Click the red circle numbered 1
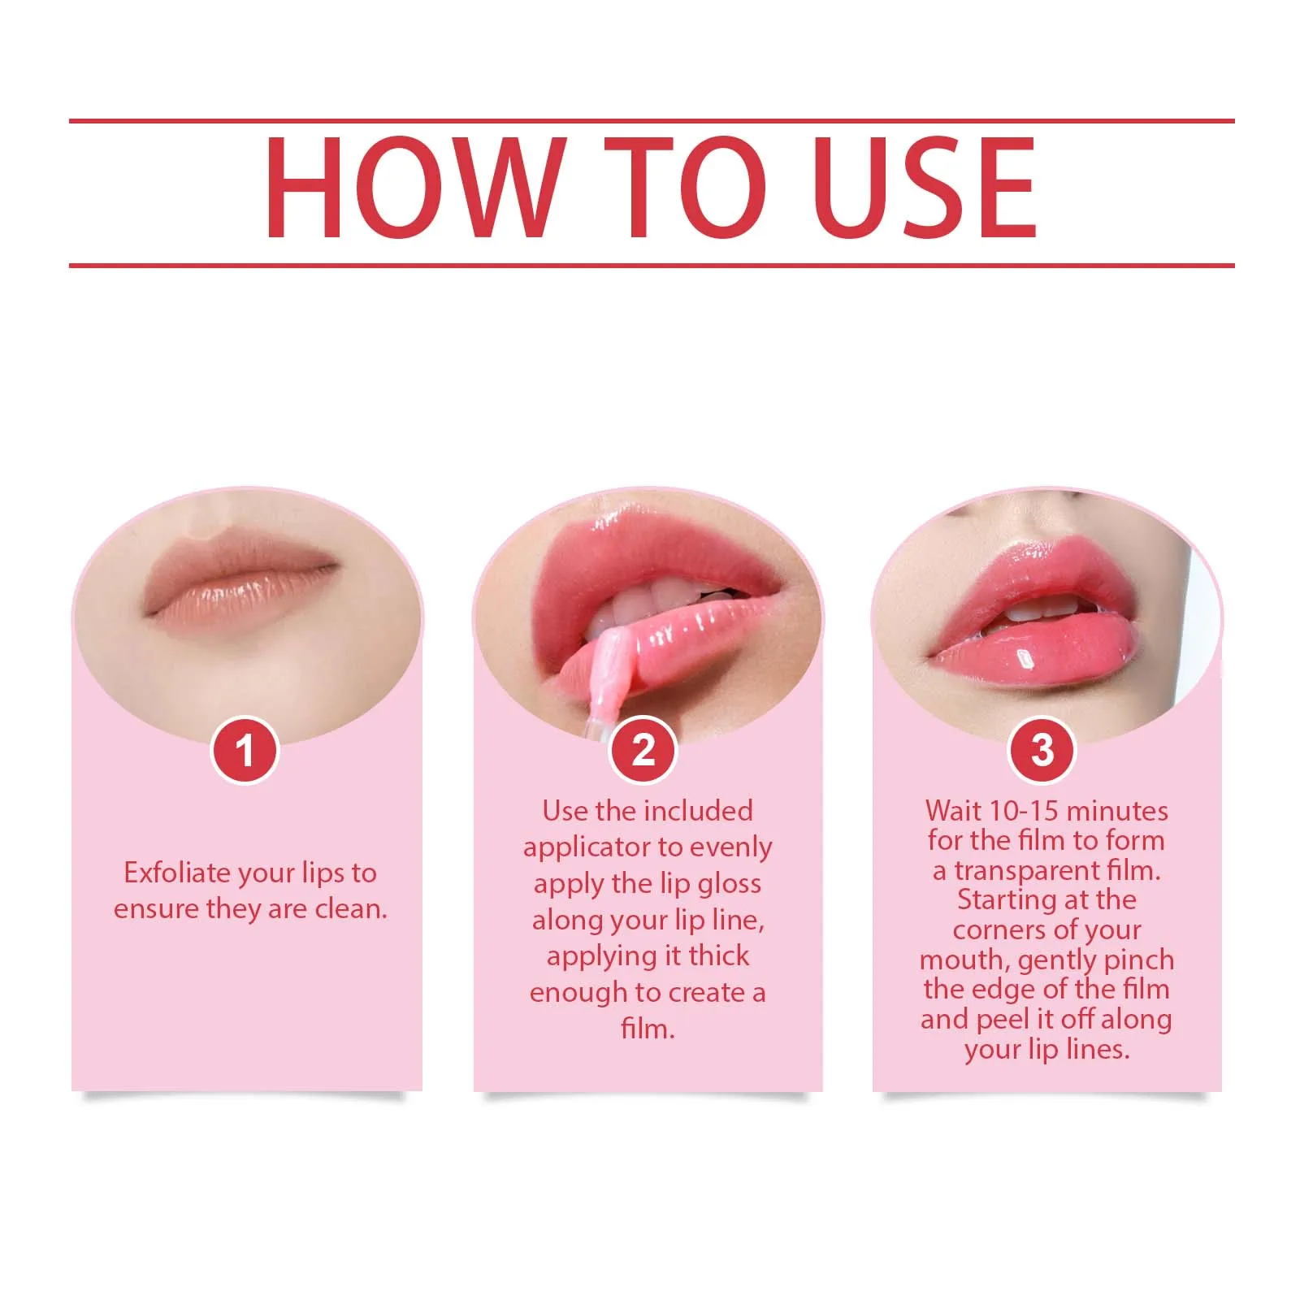[245, 750]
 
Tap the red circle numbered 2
[643, 750]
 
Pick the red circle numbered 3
[1042, 750]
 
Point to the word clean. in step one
[351, 908]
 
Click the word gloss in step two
[730, 883]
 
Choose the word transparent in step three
[1027, 870]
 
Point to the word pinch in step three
[1138, 960]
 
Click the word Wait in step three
[952, 811]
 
